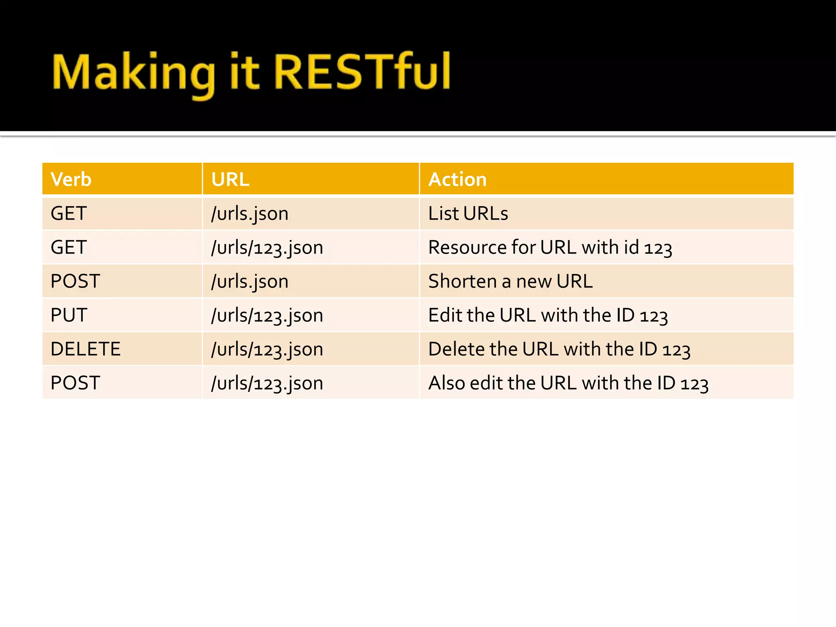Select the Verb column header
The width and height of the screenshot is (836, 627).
tap(71, 180)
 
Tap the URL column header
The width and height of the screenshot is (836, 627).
tap(230, 180)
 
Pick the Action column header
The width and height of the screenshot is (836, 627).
tap(458, 180)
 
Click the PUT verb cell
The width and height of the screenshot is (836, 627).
tap(69, 315)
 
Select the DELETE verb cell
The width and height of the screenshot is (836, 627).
tap(86, 349)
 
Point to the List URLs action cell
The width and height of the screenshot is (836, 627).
tap(468, 213)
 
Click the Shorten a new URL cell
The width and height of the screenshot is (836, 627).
tap(510, 281)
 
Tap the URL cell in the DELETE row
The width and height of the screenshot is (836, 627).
tap(267, 349)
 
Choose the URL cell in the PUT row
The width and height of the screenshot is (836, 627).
tap(267, 316)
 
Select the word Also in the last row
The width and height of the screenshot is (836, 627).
tap(447, 383)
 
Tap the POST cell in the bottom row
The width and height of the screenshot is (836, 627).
tap(76, 383)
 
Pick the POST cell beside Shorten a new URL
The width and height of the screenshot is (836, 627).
tap(76, 281)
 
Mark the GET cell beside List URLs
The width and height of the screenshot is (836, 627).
tap(69, 213)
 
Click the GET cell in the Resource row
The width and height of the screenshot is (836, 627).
tap(69, 247)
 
